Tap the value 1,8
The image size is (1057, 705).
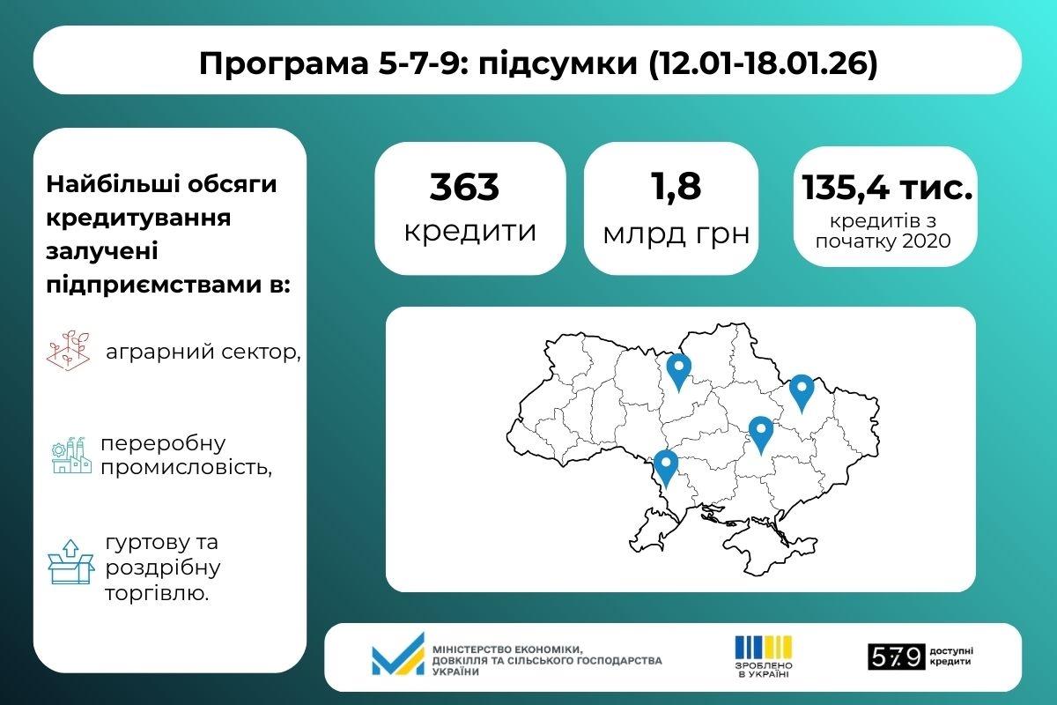pos(676,187)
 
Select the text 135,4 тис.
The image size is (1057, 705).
pos(887,188)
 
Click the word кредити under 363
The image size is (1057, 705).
pos(469,231)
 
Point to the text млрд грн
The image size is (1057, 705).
pos(676,233)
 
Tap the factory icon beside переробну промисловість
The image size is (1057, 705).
pos(71,455)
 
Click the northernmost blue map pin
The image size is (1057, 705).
pos(677,370)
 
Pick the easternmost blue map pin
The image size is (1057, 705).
pos(801,390)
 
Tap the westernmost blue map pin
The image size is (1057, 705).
pos(665,467)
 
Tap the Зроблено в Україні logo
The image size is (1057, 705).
pos(763,655)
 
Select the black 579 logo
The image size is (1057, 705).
pos(896,656)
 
